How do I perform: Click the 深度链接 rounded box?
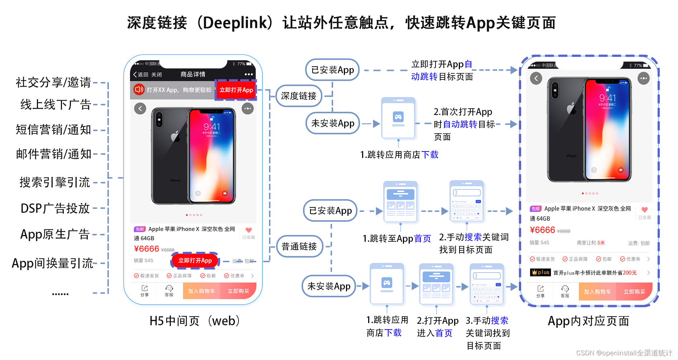pos(299,96)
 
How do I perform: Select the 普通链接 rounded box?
pos(299,246)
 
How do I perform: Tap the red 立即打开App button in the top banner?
pos(236,90)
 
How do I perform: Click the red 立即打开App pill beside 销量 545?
pos(195,260)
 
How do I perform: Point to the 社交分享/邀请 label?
pos(53,82)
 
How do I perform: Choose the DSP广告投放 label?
pos(55,208)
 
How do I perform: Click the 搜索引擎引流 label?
pos(54,182)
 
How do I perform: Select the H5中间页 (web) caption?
pos(194,321)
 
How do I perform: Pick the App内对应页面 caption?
pos(588,321)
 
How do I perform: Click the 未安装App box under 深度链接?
pos(332,123)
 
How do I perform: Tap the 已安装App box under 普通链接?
pos(330,211)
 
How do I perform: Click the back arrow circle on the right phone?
pos(536,78)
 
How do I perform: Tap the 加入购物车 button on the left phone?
pos(201,291)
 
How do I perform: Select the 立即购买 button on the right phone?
pos(634,292)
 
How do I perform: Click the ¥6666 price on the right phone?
pos(542,230)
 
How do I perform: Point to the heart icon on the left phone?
pos(249,230)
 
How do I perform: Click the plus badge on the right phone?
pos(540,272)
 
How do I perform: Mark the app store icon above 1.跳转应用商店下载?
pos(398,118)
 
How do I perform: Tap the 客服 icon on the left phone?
pos(169,290)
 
